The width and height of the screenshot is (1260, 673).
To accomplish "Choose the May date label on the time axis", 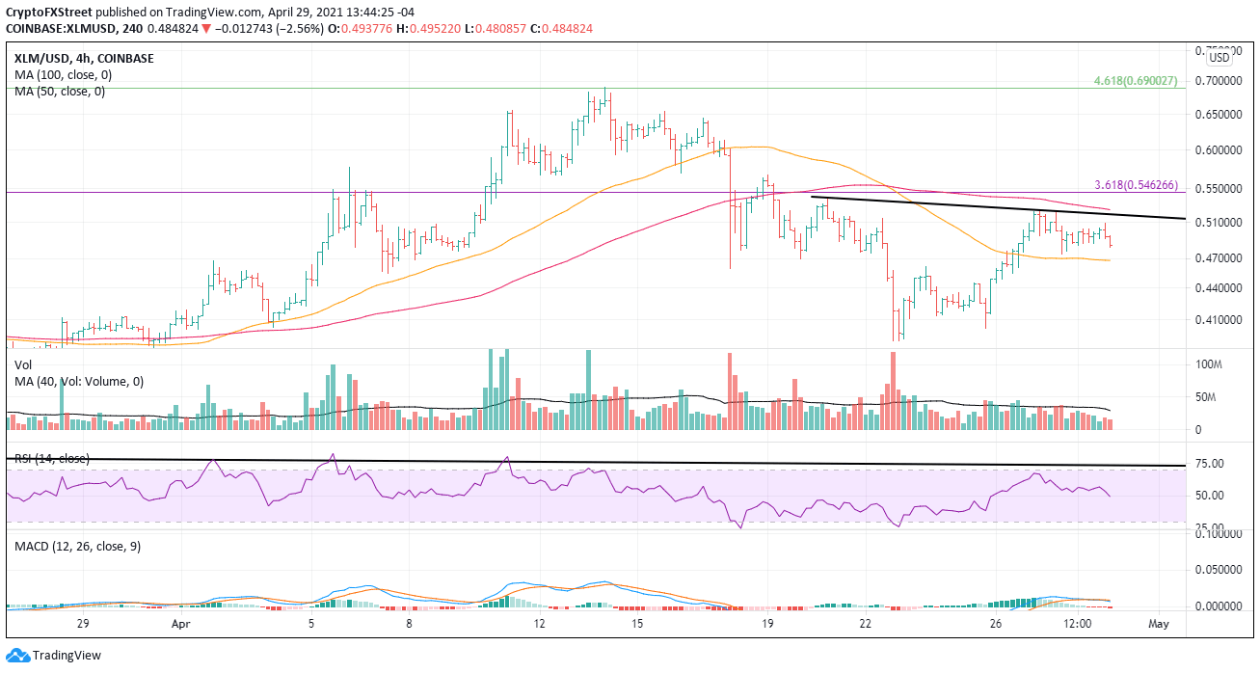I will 1159,625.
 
